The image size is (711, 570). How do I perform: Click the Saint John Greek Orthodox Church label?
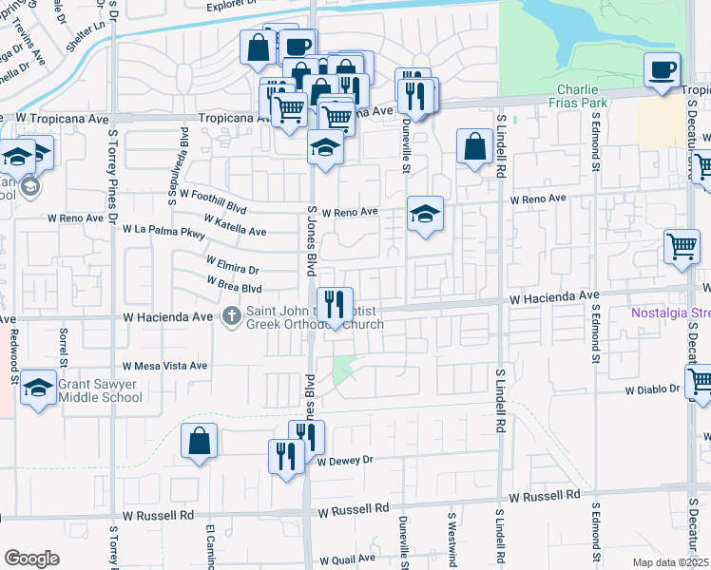pos(314,316)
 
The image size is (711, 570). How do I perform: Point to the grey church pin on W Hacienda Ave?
pos(232,316)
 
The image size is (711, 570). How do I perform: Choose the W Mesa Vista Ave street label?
pos(164,366)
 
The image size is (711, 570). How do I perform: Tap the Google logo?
pos(31,559)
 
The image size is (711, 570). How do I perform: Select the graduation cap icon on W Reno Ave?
pos(425,213)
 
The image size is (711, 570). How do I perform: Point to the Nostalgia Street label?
pos(671,313)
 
